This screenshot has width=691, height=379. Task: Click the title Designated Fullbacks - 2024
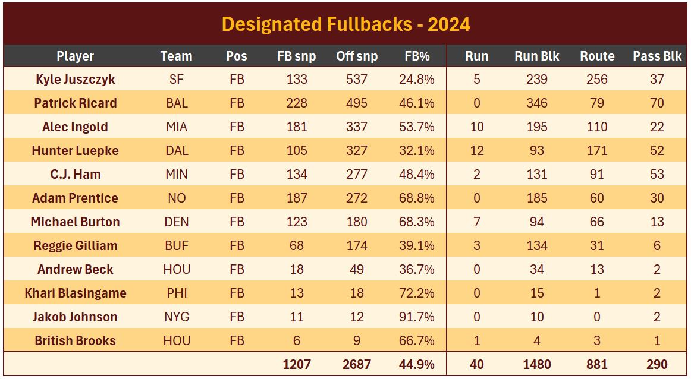[x=345, y=24]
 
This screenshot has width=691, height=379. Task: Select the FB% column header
[x=417, y=56]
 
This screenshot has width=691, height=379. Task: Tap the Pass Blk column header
[x=657, y=56]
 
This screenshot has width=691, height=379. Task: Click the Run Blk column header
[x=536, y=56]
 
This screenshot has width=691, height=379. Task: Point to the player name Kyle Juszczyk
[x=76, y=79]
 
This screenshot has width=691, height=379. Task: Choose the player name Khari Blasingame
[x=76, y=293]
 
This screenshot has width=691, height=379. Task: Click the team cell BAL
[x=177, y=103]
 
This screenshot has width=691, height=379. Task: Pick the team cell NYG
[x=177, y=317]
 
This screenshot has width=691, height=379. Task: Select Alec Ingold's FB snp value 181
[x=296, y=127]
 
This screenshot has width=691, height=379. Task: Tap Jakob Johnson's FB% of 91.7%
[x=417, y=317]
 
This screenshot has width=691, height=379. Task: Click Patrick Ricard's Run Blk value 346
[x=536, y=103]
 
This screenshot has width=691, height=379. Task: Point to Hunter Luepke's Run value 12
[x=476, y=150]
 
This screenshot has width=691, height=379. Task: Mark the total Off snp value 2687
[x=357, y=364]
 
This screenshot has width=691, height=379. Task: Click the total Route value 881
[x=597, y=364]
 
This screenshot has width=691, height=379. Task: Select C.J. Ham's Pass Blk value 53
[x=657, y=174]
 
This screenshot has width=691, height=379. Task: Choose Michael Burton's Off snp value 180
[x=357, y=222]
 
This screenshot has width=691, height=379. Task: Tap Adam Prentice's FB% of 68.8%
[x=417, y=198]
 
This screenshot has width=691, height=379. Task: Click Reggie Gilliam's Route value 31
[x=597, y=245]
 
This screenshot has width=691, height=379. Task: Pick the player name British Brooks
[x=76, y=340]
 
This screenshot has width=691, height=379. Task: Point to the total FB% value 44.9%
[x=417, y=364]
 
